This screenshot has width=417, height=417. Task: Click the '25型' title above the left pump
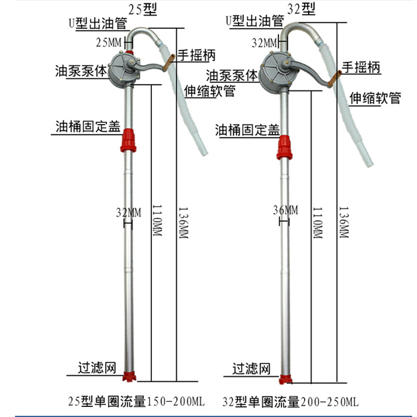click(142, 9)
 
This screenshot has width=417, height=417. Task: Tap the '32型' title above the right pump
click(301, 9)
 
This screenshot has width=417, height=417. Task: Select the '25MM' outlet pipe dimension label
click(108, 43)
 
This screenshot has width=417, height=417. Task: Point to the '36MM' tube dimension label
click(285, 210)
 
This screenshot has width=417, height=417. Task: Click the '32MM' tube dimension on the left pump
click(128, 212)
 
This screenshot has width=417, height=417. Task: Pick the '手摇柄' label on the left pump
click(196, 55)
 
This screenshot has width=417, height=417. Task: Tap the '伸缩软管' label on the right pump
click(375, 98)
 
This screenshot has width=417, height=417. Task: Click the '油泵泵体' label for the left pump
click(81, 71)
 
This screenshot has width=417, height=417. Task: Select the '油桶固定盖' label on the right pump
click(247, 130)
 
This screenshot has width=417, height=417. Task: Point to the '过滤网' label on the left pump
click(97, 368)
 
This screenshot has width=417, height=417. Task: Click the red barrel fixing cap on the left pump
click(128, 140)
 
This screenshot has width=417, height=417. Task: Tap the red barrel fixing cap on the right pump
click(285, 147)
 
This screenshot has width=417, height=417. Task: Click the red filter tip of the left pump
click(129, 377)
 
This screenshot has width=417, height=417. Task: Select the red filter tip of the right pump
click(285, 380)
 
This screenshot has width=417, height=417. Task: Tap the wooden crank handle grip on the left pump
click(169, 62)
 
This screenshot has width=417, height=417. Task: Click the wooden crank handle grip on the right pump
click(334, 79)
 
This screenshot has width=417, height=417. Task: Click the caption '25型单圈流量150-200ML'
click(136, 401)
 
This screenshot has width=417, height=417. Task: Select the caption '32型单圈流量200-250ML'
click(290, 401)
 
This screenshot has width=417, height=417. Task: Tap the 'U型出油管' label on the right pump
click(255, 21)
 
